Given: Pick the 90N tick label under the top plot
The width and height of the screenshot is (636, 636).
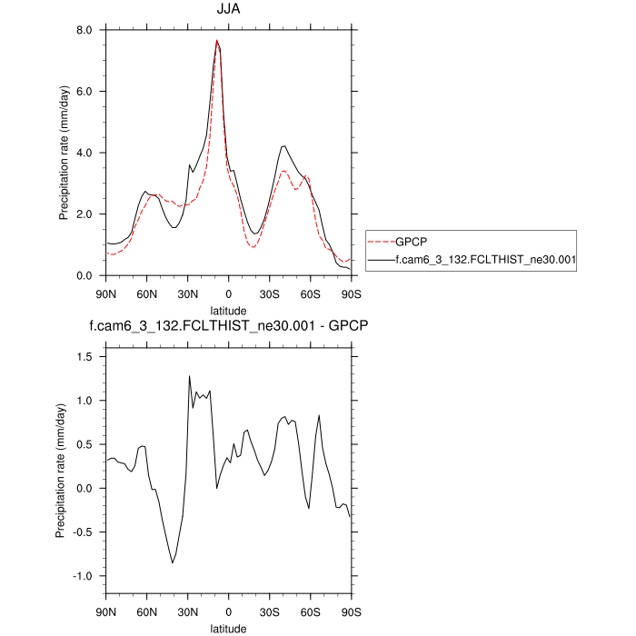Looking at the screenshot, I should click(106, 293).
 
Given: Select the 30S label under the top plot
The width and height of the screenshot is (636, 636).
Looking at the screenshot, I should click(270, 293).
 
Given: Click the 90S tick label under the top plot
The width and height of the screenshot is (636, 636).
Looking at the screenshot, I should click(351, 293).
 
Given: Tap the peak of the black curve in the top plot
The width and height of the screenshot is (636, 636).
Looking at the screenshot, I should click(217, 40).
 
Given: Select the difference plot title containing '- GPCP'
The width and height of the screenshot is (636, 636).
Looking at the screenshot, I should click(229, 325).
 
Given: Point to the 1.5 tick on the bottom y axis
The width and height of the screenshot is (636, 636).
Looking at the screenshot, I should click(87, 356).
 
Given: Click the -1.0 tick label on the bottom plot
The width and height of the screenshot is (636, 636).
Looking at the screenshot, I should click(85, 576).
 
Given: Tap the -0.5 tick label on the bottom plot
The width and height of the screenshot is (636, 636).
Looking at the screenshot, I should click(85, 532).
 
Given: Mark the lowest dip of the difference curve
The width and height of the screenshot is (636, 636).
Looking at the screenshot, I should click(173, 563).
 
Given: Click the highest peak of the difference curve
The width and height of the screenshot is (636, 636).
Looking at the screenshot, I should click(190, 376).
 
